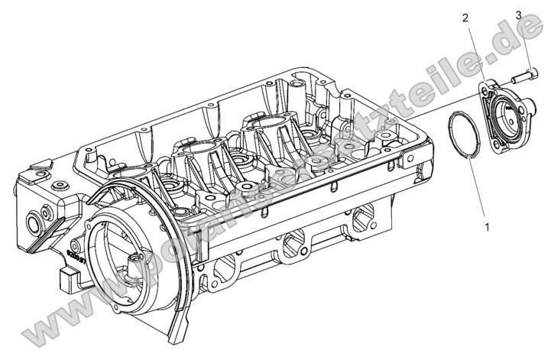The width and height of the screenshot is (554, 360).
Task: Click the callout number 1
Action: point(485,226)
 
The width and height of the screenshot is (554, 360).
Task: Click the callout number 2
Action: point(465,18)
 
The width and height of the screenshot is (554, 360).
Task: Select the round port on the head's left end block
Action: point(35,223)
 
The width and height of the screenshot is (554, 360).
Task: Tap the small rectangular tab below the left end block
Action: point(67,273)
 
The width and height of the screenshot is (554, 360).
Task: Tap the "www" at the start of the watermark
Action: point(53,321)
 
